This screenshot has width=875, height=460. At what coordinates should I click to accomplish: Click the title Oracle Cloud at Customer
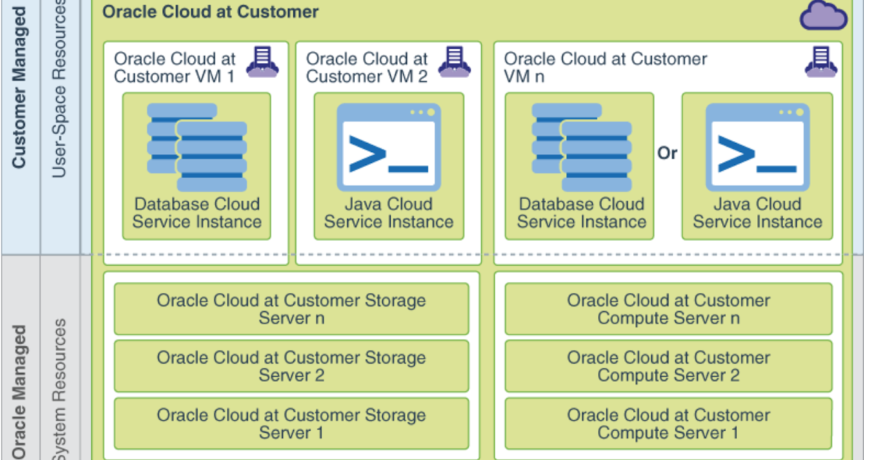[x=210, y=12]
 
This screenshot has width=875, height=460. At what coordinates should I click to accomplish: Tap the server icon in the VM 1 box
[x=262, y=62]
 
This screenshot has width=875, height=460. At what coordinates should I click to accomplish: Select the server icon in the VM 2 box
[x=454, y=62]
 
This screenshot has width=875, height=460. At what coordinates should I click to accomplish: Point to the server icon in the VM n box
[x=820, y=62]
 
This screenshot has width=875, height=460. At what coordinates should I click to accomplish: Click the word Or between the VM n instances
[x=667, y=153]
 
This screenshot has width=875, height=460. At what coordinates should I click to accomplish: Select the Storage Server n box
[x=291, y=309]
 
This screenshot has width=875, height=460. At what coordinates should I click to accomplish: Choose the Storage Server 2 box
[x=291, y=367]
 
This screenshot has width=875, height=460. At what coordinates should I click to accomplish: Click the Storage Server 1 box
[x=291, y=423]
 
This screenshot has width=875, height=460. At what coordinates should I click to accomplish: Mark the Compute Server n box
[x=668, y=309]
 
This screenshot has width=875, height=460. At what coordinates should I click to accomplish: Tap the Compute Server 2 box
[x=668, y=367]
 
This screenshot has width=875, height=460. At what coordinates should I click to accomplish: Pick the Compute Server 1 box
[x=668, y=423]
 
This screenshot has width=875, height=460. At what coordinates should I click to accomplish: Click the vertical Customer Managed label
[x=20, y=88]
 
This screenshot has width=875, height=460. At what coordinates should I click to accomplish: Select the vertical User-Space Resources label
[x=59, y=88]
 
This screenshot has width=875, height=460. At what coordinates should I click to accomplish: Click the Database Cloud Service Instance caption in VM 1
[x=197, y=213]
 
